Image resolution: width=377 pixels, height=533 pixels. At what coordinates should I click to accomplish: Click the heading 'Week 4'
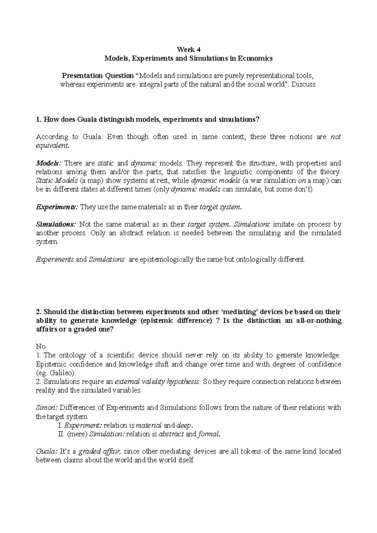188,50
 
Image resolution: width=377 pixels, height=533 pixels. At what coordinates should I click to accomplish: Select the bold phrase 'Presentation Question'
98,76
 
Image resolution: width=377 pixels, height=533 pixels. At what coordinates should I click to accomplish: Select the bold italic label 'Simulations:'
56,224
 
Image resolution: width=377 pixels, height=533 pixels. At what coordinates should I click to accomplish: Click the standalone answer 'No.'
41,347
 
